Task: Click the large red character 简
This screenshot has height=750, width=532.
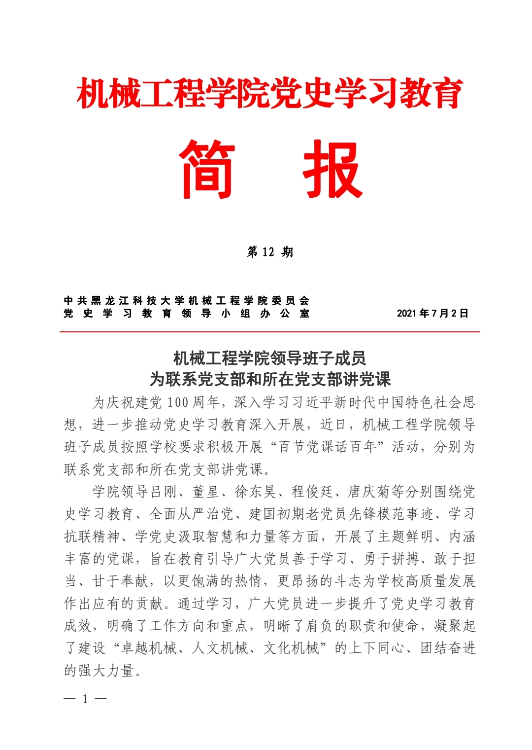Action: tap(207, 169)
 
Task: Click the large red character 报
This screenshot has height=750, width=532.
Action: tap(333, 169)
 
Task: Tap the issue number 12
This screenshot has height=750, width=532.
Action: tap(268, 252)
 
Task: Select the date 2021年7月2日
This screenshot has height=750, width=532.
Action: tap(432, 313)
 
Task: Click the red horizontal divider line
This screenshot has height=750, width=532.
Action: tap(269, 332)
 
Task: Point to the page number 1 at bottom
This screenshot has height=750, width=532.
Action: tap(85, 699)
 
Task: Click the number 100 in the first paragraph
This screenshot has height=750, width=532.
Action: tap(178, 402)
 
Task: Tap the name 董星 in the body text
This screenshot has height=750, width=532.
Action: tap(205, 492)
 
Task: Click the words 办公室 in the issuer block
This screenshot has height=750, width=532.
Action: tap(285, 313)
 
